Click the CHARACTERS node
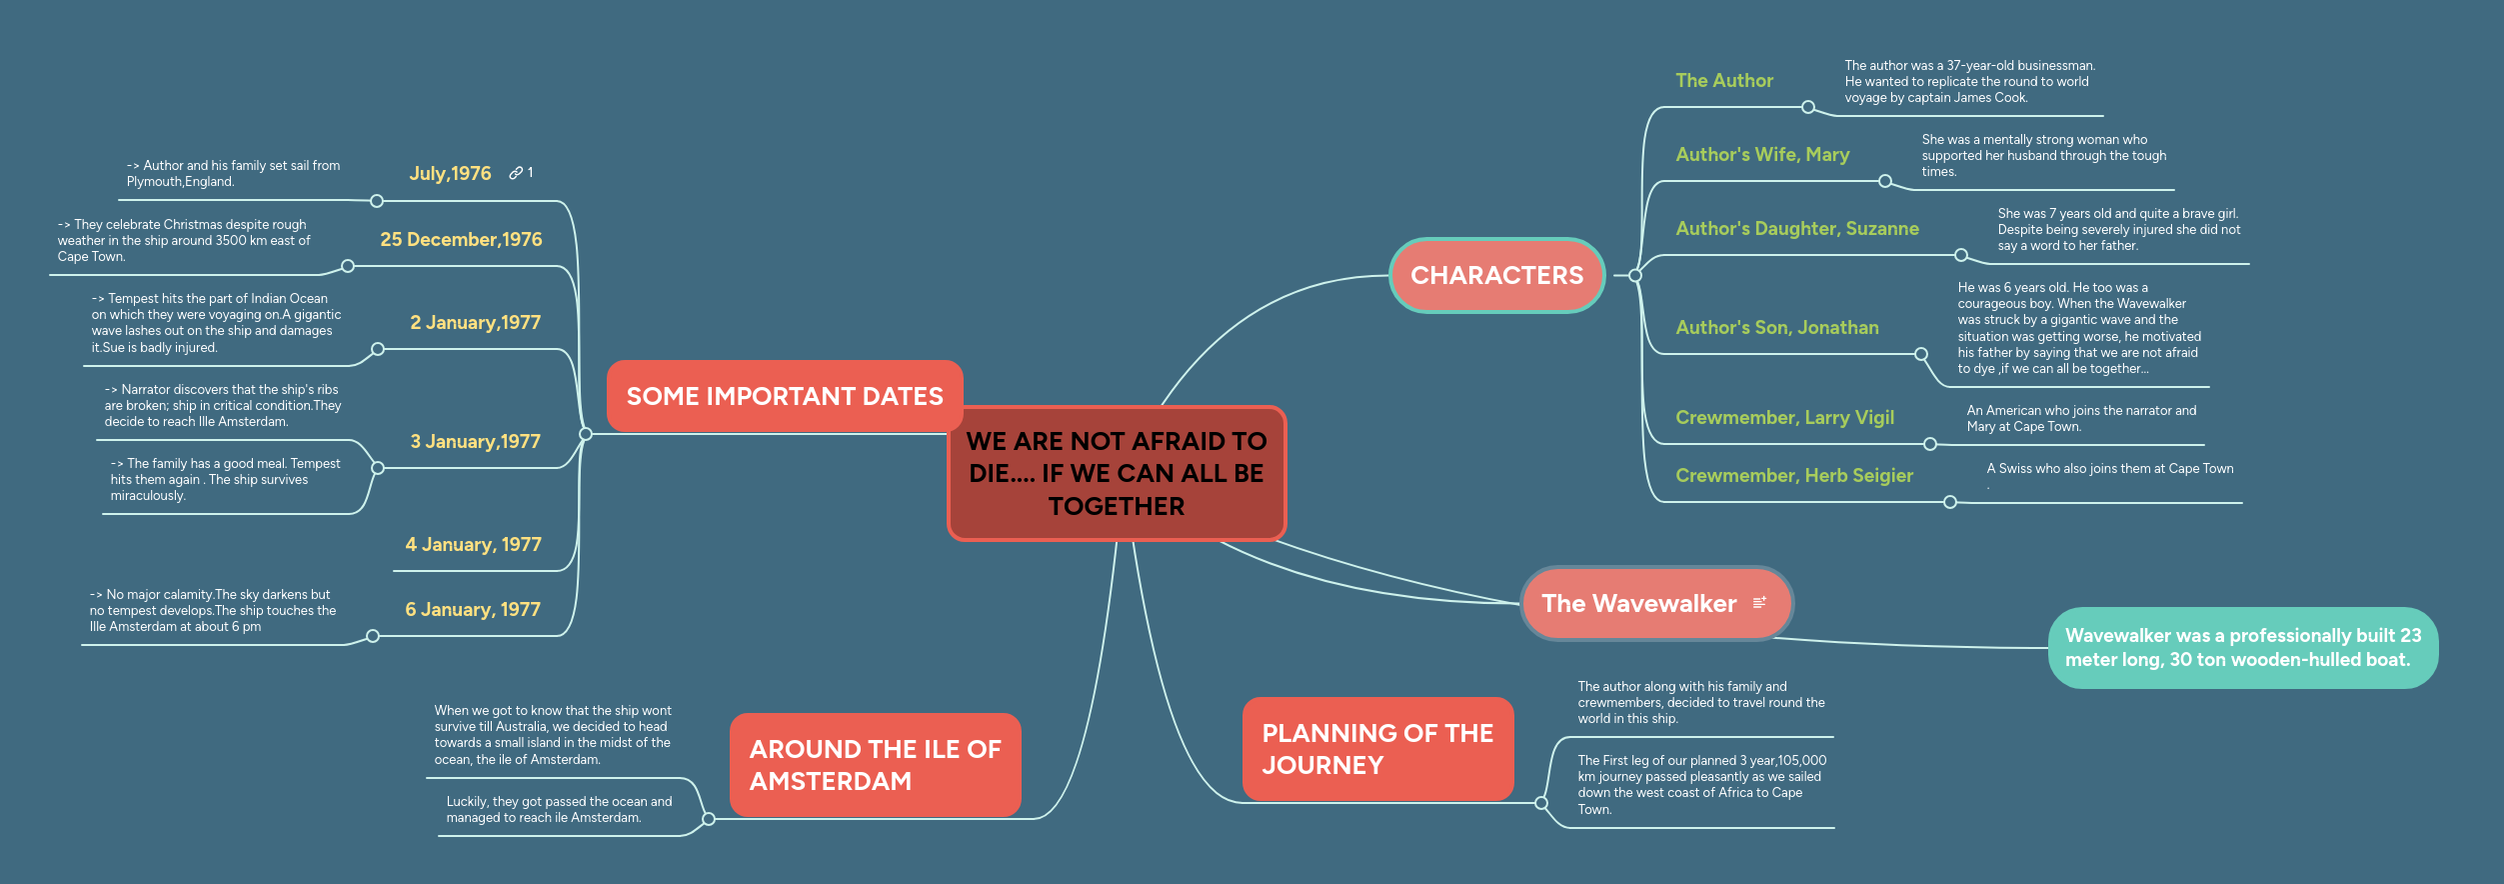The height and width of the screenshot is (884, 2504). (x=1496, y=275)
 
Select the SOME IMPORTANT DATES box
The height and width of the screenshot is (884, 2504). (x=784, y=396)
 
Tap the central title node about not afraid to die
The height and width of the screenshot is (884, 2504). (x=1116, y=473)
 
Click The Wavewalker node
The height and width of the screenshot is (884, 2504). (x=1639, y=603)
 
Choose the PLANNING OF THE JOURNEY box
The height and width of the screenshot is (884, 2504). (x=1376, y=749)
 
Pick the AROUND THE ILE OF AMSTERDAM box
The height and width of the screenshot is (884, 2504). (x=875, y=765)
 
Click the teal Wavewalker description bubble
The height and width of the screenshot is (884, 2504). (x=2242, y=647)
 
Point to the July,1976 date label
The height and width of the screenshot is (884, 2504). (x=450, y=173)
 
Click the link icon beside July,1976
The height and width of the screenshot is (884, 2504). (x=516, y=173)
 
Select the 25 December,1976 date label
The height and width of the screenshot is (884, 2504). (x=461, y=239)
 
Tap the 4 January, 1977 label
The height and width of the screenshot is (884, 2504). (x=473, y=544)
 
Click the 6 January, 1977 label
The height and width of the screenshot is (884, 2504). (x=472, y=609)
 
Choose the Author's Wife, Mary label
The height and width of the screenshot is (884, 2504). (x=1762, y=154)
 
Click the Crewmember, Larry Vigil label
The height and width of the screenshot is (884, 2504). (x=1784, y=417)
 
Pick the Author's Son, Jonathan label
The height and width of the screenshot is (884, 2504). (x=1776, y=327)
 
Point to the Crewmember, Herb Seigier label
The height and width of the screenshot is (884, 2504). (x=1793, y=475)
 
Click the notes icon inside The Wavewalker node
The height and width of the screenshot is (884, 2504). (x=1759, y=602)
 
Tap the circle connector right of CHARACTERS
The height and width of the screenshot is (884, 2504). (x=1634, y=275)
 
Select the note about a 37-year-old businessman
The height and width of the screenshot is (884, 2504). (x=1968, y=81)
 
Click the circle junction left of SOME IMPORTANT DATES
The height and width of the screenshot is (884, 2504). (x=586, y=434)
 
